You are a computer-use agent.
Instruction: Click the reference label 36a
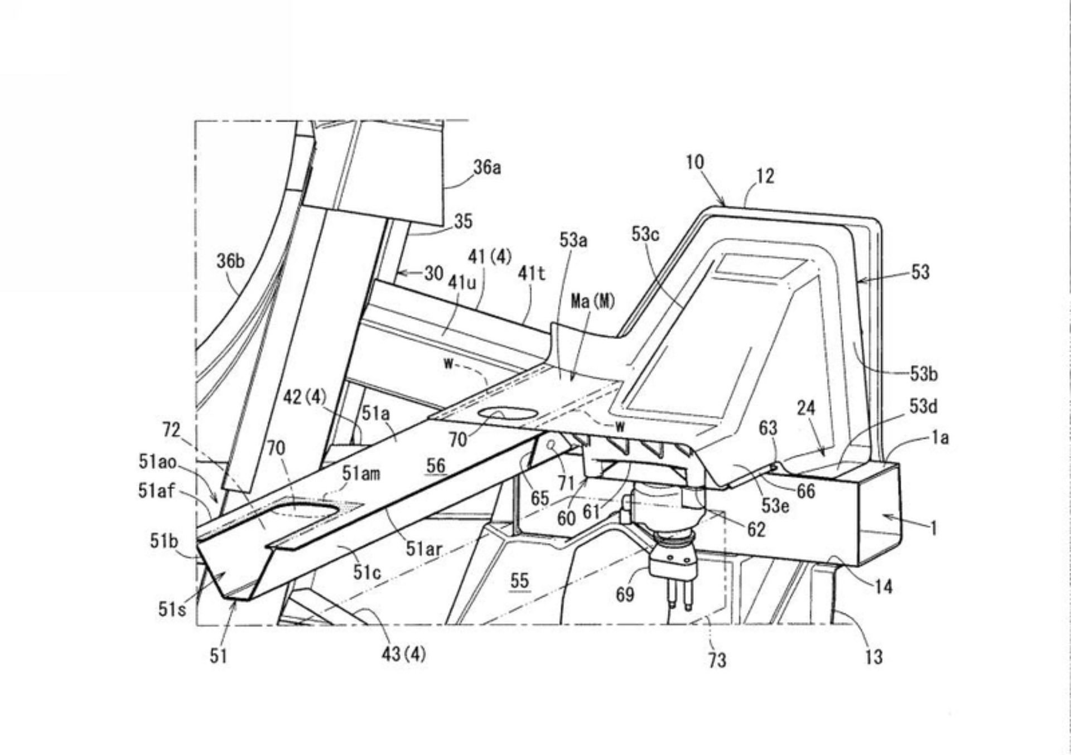point(487,167)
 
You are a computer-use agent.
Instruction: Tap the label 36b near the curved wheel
point(230,260)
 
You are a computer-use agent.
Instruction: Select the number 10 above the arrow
point(695,162)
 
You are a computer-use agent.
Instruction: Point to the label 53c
point(645,234)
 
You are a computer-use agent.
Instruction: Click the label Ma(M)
point(593,302)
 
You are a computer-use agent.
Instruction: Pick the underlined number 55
point(519,580)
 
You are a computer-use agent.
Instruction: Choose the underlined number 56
point(436,465)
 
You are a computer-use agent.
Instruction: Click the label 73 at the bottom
point(717,660)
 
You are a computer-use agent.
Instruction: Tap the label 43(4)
point(403,654)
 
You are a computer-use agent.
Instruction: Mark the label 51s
point(172,609)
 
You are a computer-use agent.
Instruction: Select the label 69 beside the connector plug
point(625,594)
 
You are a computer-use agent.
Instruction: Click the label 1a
point(940,438)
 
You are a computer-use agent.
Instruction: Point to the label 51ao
point(157,462)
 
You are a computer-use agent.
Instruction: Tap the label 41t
point(532,273)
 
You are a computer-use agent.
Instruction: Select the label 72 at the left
point(171,429)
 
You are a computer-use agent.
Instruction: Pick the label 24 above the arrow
point(806,408)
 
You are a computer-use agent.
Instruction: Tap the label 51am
point(361,474)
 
